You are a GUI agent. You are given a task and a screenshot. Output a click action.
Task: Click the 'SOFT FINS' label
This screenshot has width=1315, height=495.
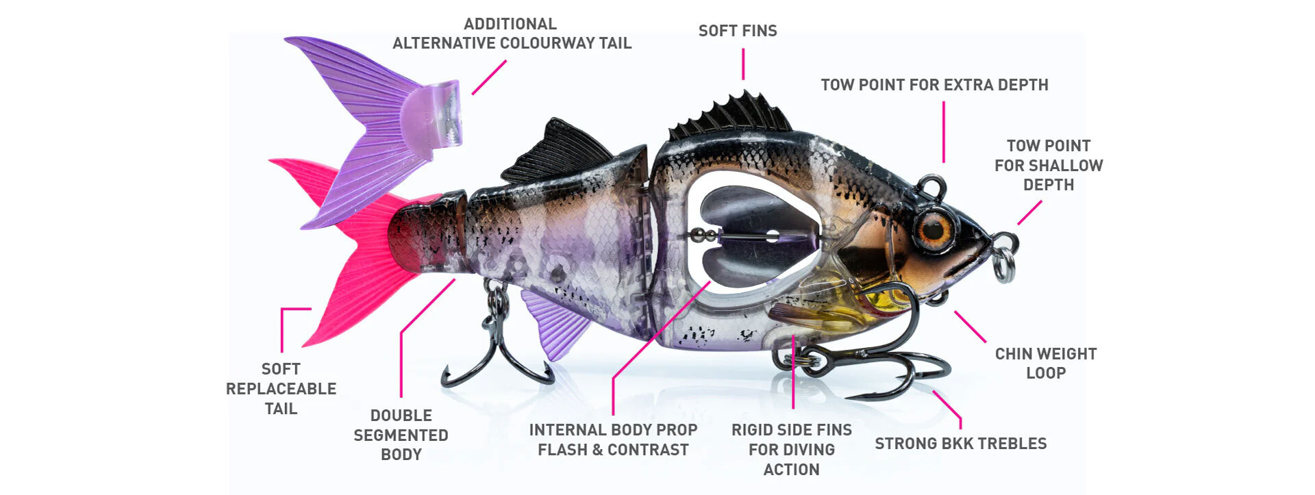coord(738,31)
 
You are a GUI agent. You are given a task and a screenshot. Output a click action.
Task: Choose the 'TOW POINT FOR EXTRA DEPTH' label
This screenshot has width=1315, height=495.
coord(934,85)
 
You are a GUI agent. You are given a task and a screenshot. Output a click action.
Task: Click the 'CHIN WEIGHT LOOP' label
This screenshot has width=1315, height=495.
coord(1045,364)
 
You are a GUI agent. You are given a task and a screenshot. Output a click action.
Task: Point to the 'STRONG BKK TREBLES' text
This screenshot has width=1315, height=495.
coord(960,444)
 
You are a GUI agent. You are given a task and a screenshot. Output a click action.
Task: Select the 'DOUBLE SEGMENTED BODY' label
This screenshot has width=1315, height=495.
coord(401,435)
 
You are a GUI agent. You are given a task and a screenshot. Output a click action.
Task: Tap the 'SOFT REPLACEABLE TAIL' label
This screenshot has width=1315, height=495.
coord(281,389)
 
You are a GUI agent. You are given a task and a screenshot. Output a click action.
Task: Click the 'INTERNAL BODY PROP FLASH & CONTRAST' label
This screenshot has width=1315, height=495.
coord(613,440)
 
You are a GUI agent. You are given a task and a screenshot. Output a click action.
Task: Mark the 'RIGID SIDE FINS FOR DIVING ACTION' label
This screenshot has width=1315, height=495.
coord(791,450)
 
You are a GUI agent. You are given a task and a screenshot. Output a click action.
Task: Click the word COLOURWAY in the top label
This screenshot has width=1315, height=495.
coord(543,43)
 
